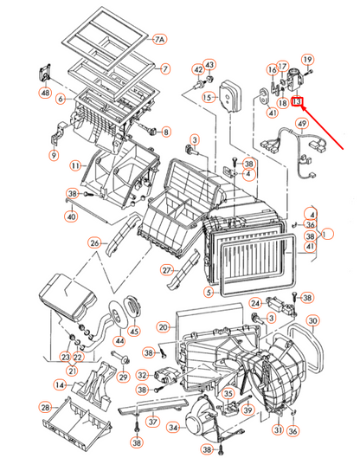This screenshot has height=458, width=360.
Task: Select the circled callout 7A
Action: (159, 40)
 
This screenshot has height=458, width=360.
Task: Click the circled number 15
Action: (208, 98)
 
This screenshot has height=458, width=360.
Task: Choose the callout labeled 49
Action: (302, 125)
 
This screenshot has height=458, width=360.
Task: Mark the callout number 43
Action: (209, 65)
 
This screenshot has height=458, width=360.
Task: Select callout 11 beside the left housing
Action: (75, 164)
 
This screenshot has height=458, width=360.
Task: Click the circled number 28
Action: (44, 407)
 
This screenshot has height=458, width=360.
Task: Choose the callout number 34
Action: (172, 427)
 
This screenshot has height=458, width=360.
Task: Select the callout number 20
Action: (163, 326)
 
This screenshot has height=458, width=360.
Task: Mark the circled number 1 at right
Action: (327, 233)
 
